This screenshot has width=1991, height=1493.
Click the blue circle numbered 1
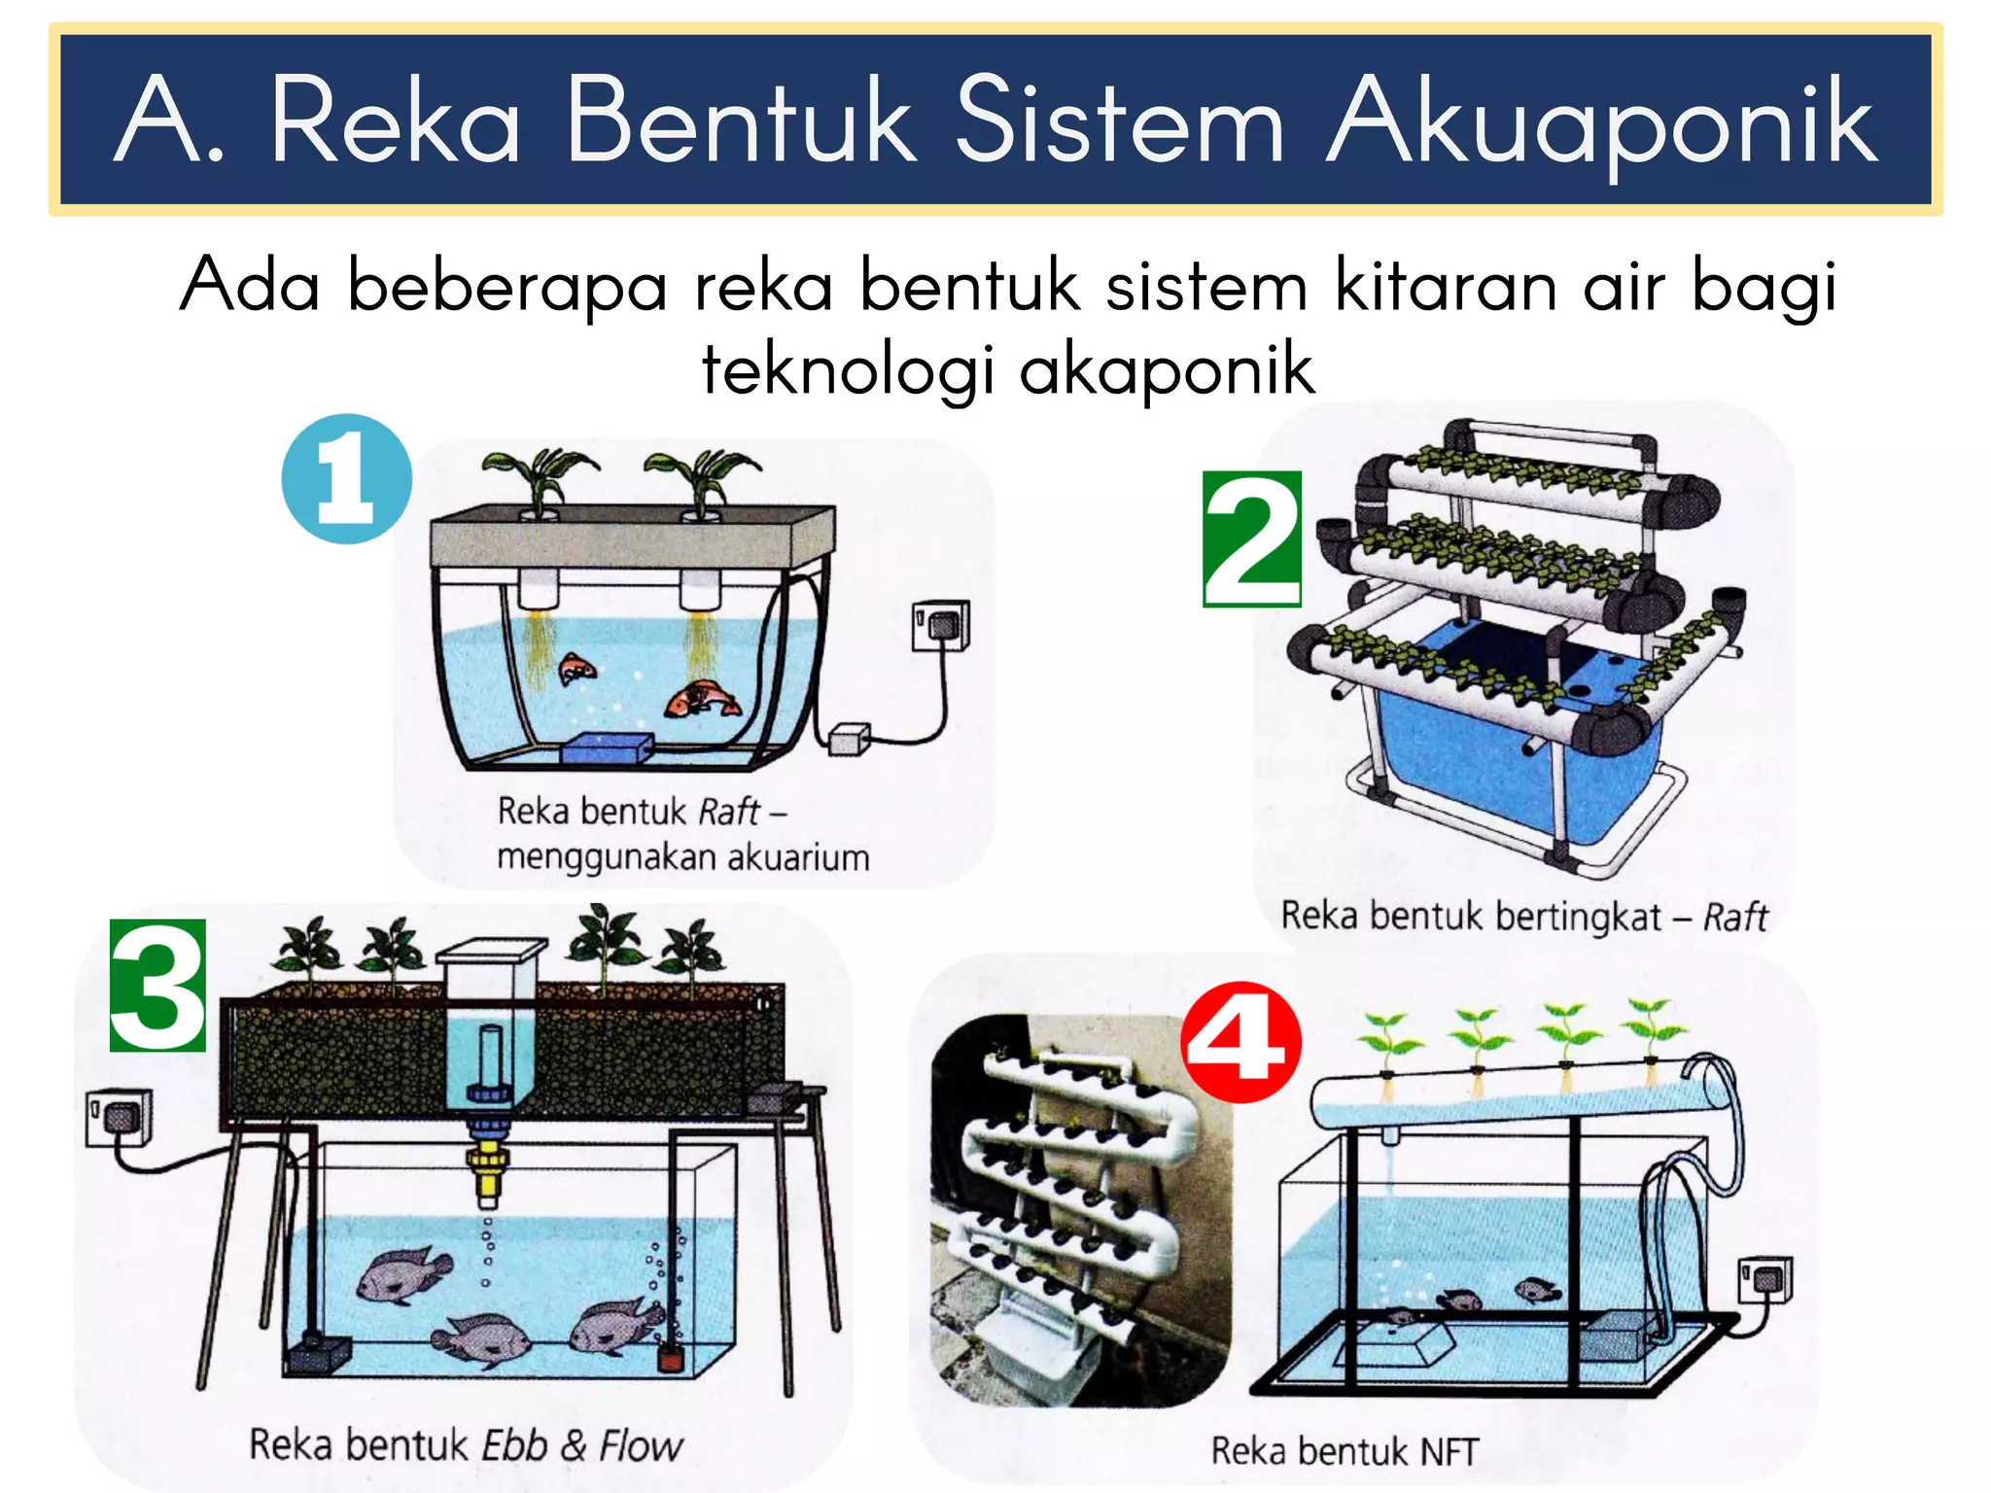346,478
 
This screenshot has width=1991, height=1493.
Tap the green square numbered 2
1252,538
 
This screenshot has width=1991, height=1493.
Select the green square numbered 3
157,985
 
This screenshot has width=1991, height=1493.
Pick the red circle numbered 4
1240,1042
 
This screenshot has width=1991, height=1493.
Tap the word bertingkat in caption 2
1578,917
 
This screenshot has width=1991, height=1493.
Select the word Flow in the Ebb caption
640,1445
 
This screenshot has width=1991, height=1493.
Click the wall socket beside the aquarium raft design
940,626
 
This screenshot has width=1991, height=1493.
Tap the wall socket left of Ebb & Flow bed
119,1118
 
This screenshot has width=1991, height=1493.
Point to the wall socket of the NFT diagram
1765,1281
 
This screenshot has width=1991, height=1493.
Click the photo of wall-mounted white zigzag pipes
1079,1210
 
